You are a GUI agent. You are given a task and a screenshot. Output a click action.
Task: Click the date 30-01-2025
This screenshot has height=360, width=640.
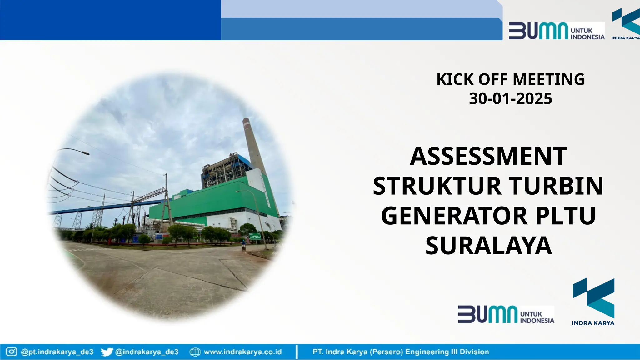510,99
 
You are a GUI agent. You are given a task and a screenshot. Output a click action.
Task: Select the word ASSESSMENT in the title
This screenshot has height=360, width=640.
488,156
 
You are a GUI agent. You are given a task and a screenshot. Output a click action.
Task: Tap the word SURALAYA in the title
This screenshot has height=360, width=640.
488,246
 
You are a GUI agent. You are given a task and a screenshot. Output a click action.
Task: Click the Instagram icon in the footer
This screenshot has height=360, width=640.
12,352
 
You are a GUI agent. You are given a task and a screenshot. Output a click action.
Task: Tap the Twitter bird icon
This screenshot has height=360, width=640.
107,352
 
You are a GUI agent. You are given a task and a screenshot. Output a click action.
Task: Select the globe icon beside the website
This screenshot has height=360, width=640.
195,352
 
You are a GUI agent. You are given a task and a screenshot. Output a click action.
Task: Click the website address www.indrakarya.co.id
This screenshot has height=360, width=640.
243,352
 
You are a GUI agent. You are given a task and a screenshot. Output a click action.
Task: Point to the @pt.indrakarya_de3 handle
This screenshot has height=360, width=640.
57,352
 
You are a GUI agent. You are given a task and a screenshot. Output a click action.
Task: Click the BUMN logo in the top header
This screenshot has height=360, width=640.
556,31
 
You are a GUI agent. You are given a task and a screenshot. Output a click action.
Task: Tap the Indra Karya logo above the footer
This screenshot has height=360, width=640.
593,302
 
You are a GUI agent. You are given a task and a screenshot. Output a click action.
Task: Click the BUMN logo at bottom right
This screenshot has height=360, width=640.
506,314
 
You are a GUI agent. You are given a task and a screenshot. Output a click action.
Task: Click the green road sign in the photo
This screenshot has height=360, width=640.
255,237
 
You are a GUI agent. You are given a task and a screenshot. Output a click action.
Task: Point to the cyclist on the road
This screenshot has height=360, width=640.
243,245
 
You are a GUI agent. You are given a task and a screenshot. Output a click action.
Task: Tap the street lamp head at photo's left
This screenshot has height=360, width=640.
84,153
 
